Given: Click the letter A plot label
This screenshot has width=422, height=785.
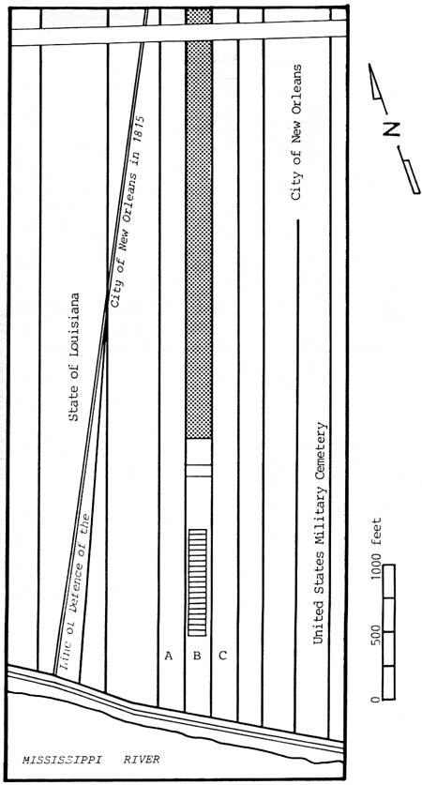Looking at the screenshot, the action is point(169,656).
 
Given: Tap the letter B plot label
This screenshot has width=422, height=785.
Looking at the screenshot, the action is point(197,656).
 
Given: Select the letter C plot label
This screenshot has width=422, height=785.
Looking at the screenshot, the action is point(223,656).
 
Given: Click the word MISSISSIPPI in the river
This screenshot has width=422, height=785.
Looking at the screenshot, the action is point(62,760).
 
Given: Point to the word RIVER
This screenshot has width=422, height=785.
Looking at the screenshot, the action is point(142,760).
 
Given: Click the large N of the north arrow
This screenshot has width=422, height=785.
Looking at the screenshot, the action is point(391,129).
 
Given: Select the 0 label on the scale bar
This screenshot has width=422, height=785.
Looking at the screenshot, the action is point(376,699).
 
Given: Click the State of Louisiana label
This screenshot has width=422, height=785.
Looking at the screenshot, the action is point(74,357).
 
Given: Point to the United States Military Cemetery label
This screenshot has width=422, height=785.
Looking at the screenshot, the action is point(320,534).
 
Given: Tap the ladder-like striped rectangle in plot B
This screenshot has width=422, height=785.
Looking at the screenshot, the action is point(197,582).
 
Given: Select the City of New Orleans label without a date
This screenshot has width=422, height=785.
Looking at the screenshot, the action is point(296,132).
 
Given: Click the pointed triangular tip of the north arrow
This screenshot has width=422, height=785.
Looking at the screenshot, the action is point(369,65).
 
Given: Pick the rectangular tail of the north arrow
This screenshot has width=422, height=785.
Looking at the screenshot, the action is point(412,176).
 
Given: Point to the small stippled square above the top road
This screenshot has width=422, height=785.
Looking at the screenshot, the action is point(199,16).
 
